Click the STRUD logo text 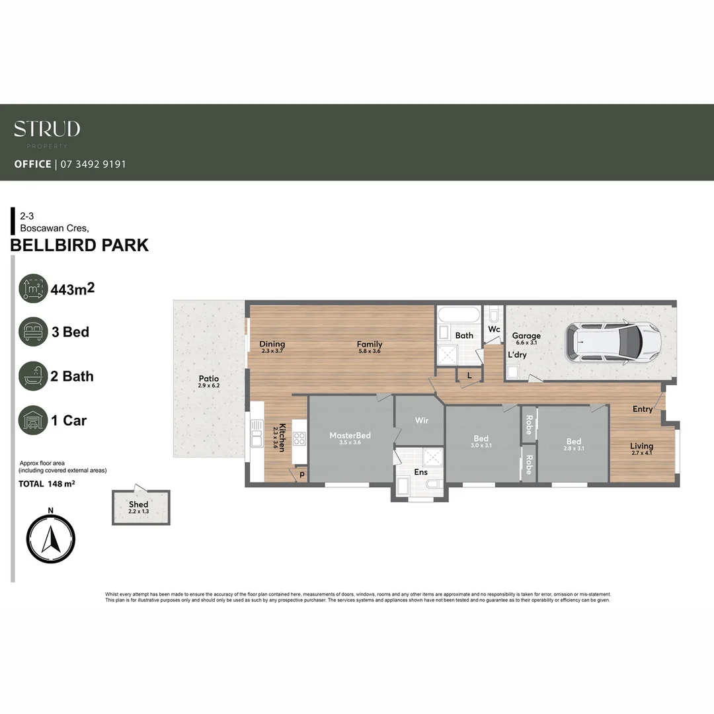tap(47, 129)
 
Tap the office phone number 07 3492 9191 tap(93, 164)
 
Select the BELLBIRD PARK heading tap(79, 245)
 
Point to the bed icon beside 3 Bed tap(33, 332)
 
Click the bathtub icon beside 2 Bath tap(33, 376)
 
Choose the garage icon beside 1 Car tap(33, 420)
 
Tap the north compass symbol tap(50, 536)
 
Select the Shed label tap(138, 504)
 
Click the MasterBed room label tap(350, 436)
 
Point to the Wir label tap(422, 420)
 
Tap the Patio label tap(208, 379)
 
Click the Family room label tap(370, 344)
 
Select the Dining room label tap(272, 344)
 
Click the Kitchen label tap(282, 437)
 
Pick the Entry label tap(642, 409)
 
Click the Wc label tap(493, 329)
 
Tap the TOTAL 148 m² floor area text tap(46, 484)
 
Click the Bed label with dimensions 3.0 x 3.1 tap(481, 439)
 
